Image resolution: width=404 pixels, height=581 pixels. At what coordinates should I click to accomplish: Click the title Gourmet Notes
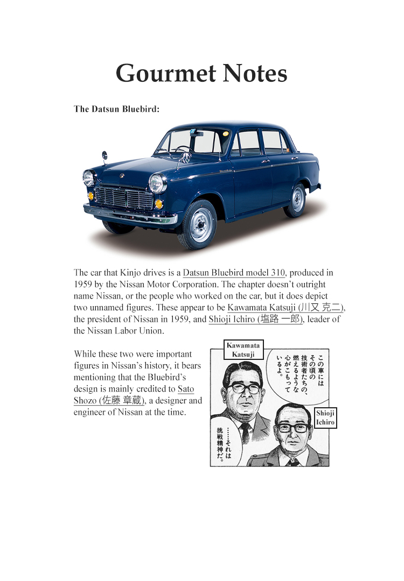pos(201,73)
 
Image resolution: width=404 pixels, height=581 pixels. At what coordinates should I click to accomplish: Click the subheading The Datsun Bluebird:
pos(117,109)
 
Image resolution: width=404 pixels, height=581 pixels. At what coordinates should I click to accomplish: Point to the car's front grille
pos(123,197)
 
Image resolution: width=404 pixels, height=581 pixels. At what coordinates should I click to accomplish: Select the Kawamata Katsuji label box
pos(243,350)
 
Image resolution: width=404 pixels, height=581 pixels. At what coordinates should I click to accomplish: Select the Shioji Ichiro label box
pos(325,417)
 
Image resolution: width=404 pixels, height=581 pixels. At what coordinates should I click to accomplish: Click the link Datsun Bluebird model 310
pos(234,273)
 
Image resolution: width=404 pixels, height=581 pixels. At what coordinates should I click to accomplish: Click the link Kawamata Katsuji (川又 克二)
pos(285,307)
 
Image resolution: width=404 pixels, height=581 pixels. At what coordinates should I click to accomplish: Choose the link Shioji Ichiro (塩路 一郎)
pos(256,319)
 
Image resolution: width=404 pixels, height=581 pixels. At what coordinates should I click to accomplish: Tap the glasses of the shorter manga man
pos(294,427)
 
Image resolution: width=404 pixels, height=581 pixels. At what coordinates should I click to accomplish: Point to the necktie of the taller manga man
pos(245,430)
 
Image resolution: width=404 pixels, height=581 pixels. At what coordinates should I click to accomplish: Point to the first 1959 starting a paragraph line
pos(83,284)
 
